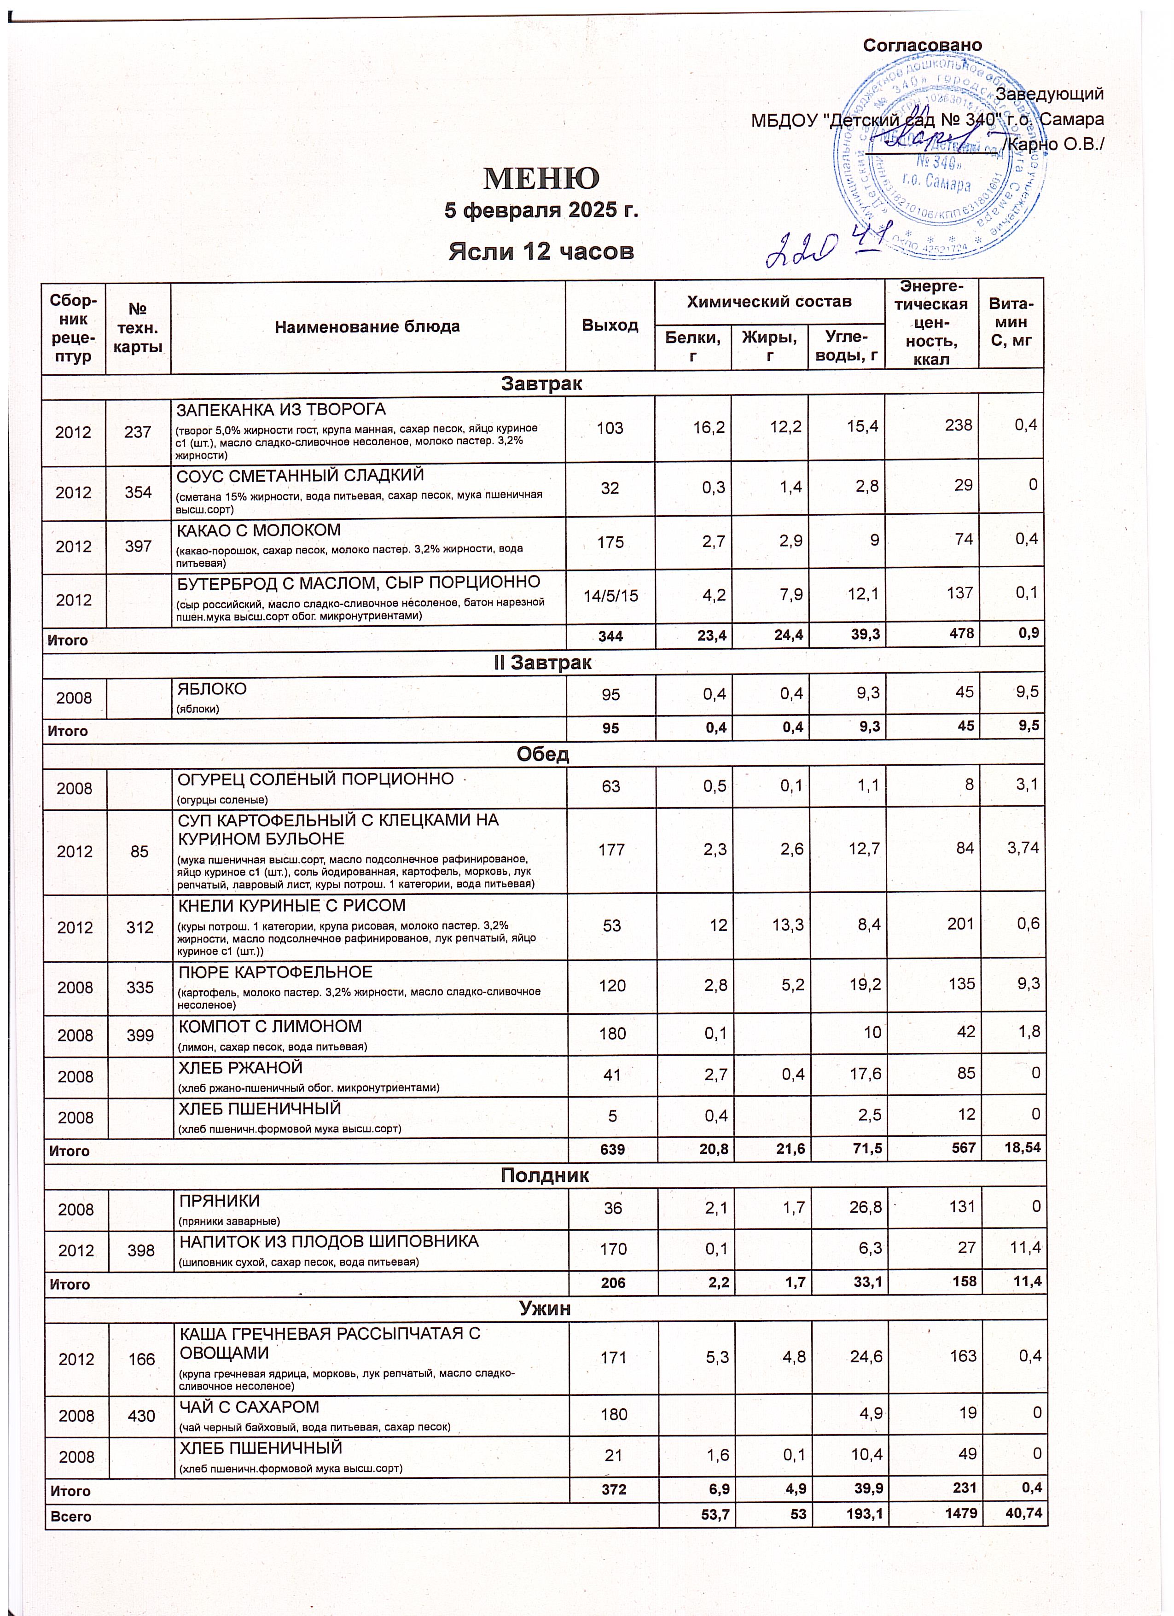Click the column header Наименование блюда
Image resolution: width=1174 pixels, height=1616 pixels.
click(x=367, y=327)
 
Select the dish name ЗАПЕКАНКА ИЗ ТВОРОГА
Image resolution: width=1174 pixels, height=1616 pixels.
click(x=281, y=410)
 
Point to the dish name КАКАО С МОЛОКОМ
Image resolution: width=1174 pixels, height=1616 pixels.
click(x=259, y=530)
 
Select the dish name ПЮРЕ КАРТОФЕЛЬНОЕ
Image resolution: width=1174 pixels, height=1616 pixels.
click(x=274, y=972)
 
